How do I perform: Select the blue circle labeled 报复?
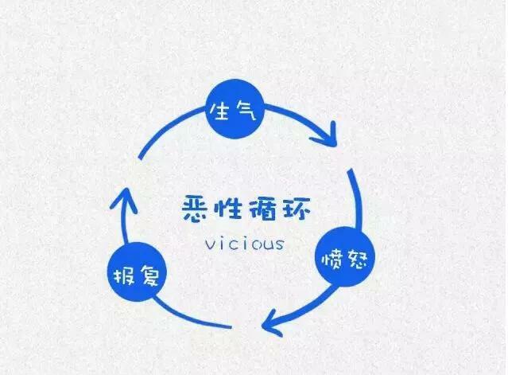(x=136, y=275)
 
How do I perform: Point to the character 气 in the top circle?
(x=246, y=112)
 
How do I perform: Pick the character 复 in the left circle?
(x=149, y=275)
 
